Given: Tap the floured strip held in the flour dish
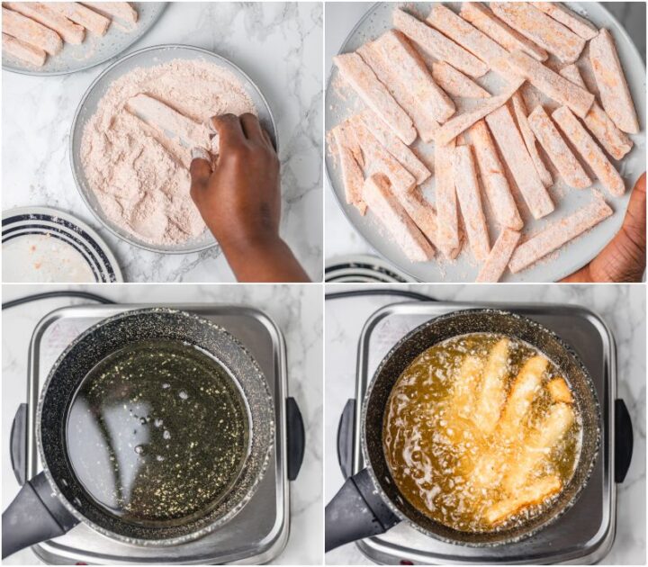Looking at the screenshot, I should [166, 121].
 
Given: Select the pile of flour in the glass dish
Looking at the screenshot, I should [135, 189].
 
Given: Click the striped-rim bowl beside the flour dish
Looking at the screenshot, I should [54, 247].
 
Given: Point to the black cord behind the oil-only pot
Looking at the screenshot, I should [54, 298].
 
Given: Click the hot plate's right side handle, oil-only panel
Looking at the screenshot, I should [294, 437].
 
